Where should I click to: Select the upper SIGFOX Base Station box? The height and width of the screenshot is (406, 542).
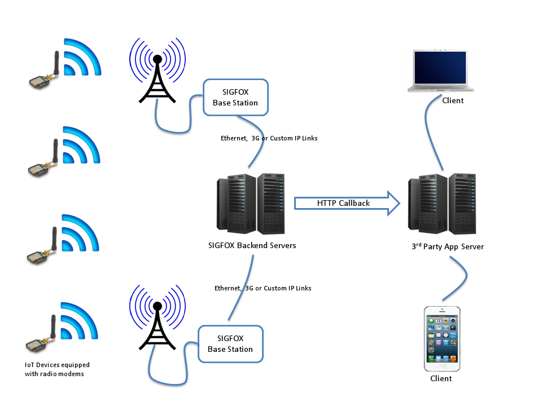pyautogui.click(x=235, y=98)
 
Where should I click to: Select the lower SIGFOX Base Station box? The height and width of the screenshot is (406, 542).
pyautogui.click(x=230, y=344)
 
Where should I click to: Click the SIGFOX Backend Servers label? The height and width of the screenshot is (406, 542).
pyautogui.click(x=252, y=245)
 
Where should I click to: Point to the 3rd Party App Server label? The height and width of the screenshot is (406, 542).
pyautogui.click(x=447, y=246)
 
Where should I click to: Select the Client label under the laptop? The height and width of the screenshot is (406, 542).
pyautogui.click(x=452, y=100)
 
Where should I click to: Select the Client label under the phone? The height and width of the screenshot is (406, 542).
pyautogui.click(x=441, y=378)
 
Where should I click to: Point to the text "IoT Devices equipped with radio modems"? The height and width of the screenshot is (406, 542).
pyautogui.click(x=57, y=369)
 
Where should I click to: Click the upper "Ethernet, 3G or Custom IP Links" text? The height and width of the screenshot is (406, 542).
pyautogui.click(x=269, y=138)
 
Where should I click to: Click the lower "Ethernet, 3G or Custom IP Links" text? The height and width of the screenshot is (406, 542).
pyautogui.click(x=263, y=288)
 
